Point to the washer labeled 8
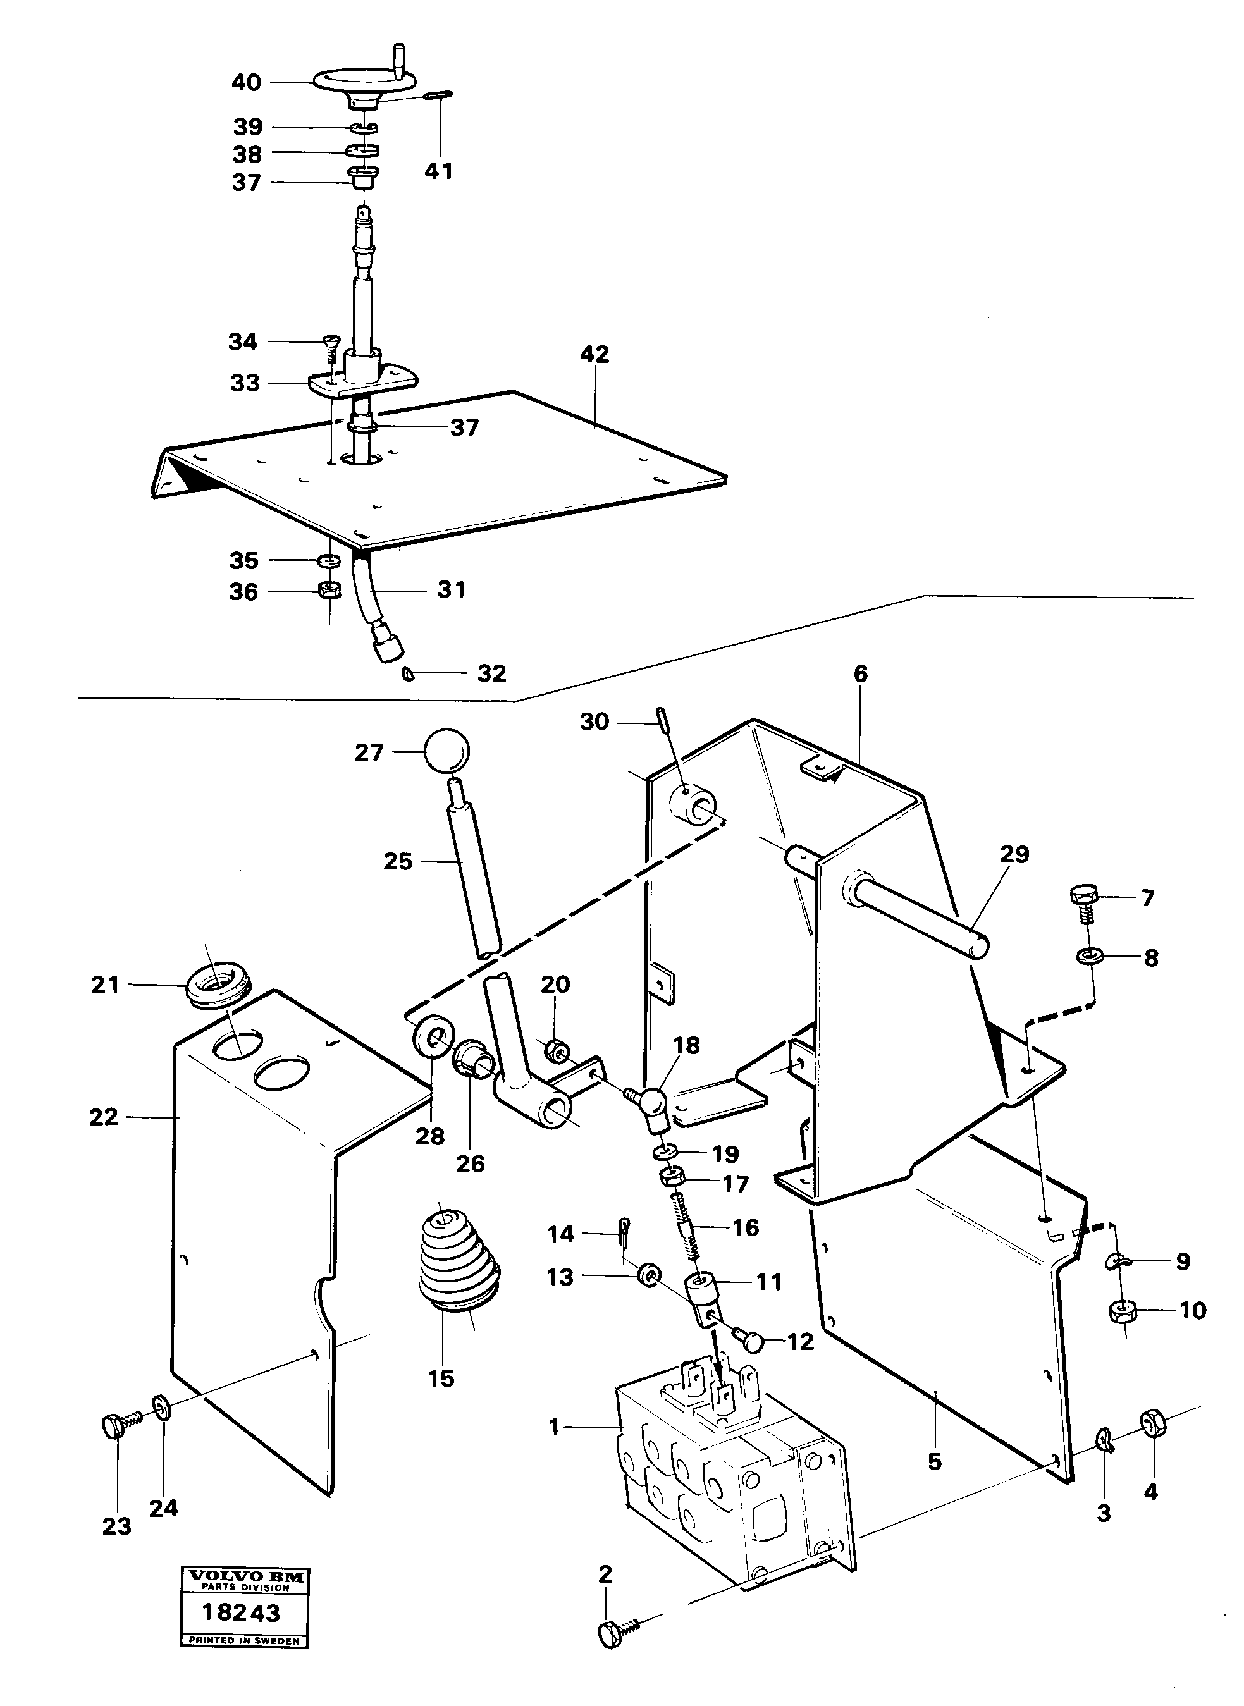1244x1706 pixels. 1087,957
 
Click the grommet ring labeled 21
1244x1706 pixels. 218,987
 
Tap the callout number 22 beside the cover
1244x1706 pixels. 104,1117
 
